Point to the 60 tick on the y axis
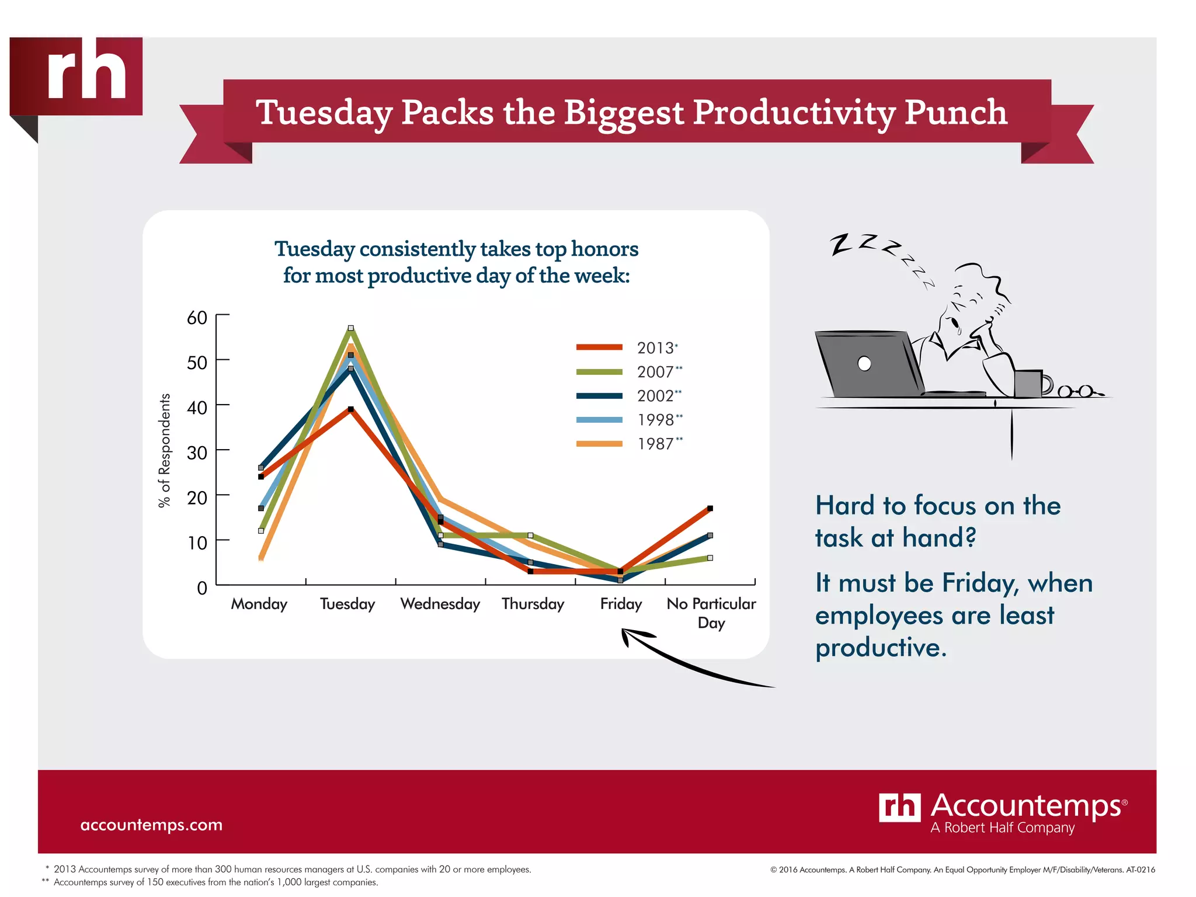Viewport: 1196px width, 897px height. (197, 318)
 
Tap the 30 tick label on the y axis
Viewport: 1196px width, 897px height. (197, 453)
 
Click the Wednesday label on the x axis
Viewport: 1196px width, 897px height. (440, 603)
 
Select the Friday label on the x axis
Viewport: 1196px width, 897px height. (621, 603)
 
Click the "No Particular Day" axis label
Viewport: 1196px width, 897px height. (711, 612)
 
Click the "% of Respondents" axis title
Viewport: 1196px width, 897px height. (165, 450)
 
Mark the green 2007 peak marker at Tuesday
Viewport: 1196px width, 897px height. (351, 328)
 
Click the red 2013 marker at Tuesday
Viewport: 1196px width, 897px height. (351, 409)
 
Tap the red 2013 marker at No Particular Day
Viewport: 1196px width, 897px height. (710, 509)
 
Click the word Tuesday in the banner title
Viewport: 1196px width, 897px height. (324, 112)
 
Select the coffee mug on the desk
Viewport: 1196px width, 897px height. (1030, 383)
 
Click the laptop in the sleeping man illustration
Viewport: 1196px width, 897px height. (867, 364)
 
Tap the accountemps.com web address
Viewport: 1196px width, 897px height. (151, 825)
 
